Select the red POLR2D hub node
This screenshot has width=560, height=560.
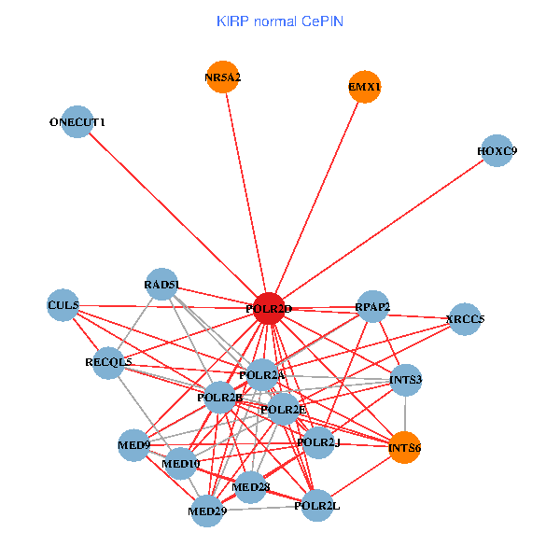[x=269, y=308]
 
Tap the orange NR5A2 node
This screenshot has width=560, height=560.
[x=222, y=77]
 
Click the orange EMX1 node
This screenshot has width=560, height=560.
[x=364, y=87]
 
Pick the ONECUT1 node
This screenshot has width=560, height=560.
[x=77, y=121]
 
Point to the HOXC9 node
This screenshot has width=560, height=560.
[x=497, y=150]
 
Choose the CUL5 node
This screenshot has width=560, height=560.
[x=63, y=305]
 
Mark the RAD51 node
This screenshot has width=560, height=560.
[x=161, y=285]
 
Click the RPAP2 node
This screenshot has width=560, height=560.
[x=372, y=307]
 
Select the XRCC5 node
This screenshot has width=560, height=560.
[x=465, y=319]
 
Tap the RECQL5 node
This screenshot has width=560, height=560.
[x=108, y=362]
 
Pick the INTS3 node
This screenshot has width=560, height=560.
[x=405, y=380]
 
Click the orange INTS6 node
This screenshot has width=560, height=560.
[x=404, y=448]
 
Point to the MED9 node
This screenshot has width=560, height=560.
[x=133, y=445]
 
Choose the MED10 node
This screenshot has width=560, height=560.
[x=180, y=462]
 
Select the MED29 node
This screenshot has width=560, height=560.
[x=206, y=511]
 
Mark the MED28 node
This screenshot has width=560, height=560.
[x=250, y=486]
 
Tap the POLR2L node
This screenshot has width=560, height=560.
[x=316, y=505]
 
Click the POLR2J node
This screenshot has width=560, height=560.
[x=318, y=442]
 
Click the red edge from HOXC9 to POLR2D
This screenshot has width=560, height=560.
[x=383, y=230]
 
